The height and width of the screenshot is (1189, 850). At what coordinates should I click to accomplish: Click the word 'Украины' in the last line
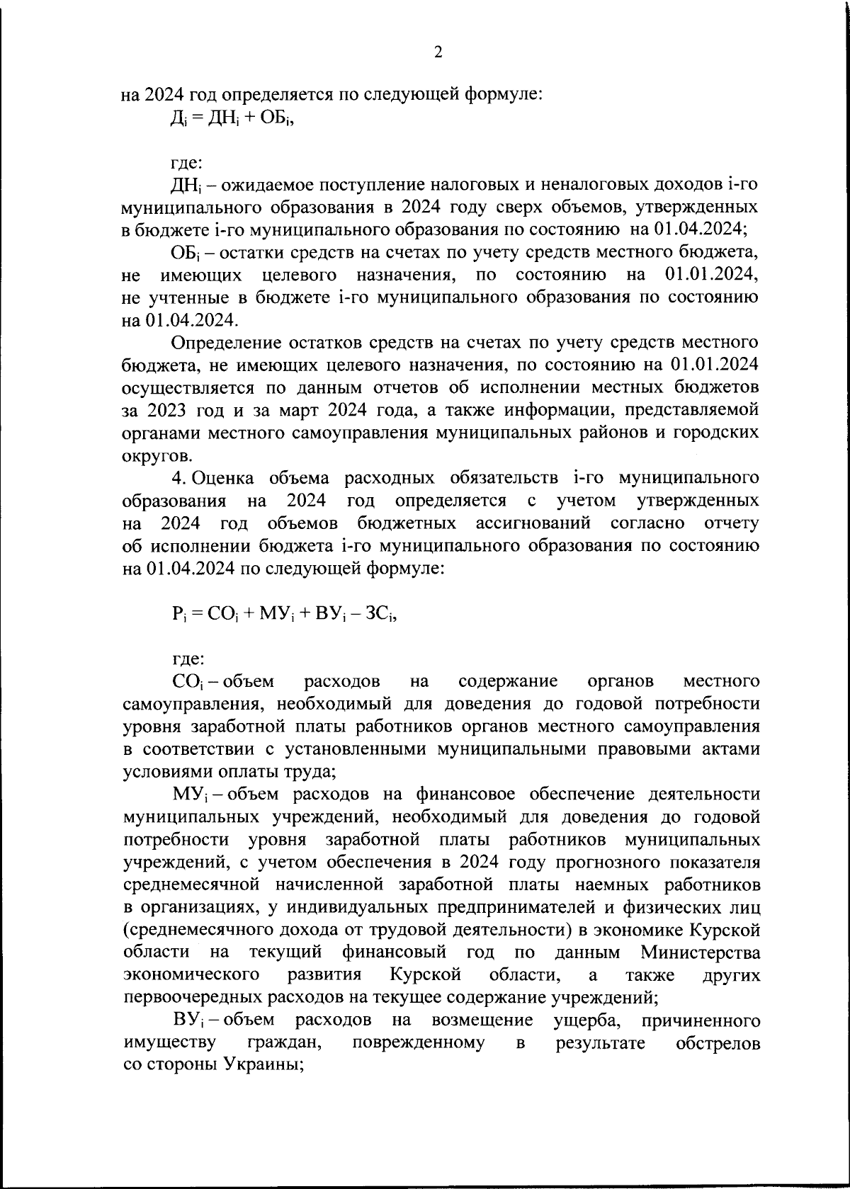tap(262, 1066)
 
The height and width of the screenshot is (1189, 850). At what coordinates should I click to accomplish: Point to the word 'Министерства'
tap(701, 952)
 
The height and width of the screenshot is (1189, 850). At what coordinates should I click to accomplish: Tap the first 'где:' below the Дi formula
tap(187, 162)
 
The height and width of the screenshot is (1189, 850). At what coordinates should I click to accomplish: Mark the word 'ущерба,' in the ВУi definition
tap(583, 1020)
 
